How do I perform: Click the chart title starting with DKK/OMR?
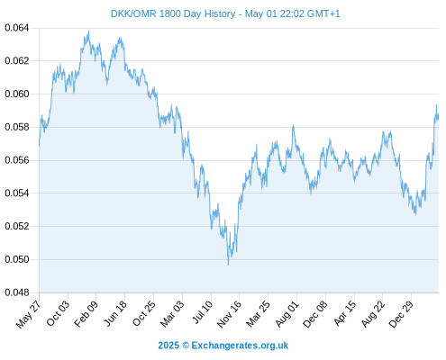[225, 13]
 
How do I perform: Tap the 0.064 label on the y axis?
[17, 28]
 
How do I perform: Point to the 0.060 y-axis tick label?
[17, 94]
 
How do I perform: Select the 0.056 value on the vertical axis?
[17, 160]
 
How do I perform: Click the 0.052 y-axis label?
[17, 226]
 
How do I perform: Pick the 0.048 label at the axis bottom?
[17, 292]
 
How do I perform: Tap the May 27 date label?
[28, 314]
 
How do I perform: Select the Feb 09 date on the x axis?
[86, 314]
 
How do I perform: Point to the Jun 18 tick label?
[115, 314]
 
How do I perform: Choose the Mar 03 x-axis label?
[172, 314]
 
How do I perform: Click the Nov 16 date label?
[229, 314]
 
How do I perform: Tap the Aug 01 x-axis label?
[287, 314]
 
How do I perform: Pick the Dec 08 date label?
[315, 314]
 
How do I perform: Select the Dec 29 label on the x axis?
[401, 314]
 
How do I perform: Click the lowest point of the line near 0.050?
[228, 265]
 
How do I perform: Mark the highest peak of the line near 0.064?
[88, 31]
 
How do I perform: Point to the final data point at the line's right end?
[438, 119]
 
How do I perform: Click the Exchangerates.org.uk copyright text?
[223, 346]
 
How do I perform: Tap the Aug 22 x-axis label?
[373, 314]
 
